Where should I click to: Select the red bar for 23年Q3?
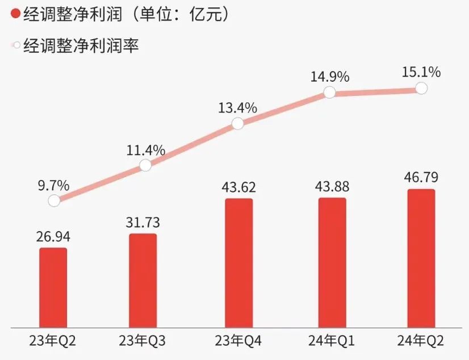pyautogui.click(x=143, y=281)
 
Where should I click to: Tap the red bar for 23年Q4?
pyautogui.click(x=239, y=263)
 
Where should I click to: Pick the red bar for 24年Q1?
pyautogui.click(x=332, y=262)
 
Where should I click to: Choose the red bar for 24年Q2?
pyautogui.click(x=421, y=258)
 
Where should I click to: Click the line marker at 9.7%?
pyautogui.click(x=54, y=200)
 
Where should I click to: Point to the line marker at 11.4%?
pyautogui.click(x=145, y=165)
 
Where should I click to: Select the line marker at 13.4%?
pyautogui.click(x=238, y=123)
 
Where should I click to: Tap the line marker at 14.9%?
pyautogui.click(x=329, y=92)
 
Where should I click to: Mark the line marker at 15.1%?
pyautogui.click(x=421, y=88)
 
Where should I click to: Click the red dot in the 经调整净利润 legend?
pyautogui.click(x=15, y=15)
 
